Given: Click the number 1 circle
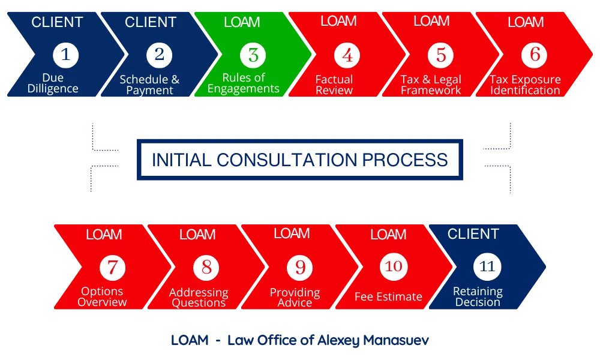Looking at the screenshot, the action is pyautogui.click(x=66, y=55).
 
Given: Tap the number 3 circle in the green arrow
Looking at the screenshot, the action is pyautogui.click(x=253, y=55).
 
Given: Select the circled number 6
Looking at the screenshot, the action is pyautogui.click(x=534, y=55).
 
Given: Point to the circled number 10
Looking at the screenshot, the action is pyautogui.click(x=394, y=266).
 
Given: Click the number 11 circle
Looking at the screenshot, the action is pyautogui.click(x=487, y=266).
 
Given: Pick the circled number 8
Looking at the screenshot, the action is pyautogui.click(x=206, y=268).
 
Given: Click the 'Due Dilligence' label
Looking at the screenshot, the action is pyautogui.click(x=53, y=83).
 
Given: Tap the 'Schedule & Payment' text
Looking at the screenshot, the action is pyautogui.click(x=149, y=85).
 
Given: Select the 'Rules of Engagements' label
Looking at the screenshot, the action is pyautogui.click(x=244, y=83).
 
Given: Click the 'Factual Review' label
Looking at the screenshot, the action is pyautogui.click(x=334, y=85).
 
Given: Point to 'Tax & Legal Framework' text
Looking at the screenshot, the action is pyautogui.click(x=431, y=85).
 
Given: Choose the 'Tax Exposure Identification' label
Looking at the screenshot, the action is pyautogui.click(x=526, y=85).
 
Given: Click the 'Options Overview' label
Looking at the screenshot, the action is pyautogui.click(x=102, y=296).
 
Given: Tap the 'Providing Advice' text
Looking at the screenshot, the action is pyautogui.click(x=295, y=297).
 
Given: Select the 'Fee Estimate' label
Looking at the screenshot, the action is pyautogui.click(x=388, y=296).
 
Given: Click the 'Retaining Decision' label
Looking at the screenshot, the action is pyautogui.click(x=478, y=296).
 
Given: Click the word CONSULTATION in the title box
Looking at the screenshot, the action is pyautogui.click(x=287, y=160).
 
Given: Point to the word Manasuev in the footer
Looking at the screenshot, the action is pyautogui.click(x=396, y=340).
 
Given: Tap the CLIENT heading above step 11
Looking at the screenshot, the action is pyautogui.click(x=473, y=234).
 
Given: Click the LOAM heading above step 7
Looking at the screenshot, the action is pyautogui.click(x=104, y=234).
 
